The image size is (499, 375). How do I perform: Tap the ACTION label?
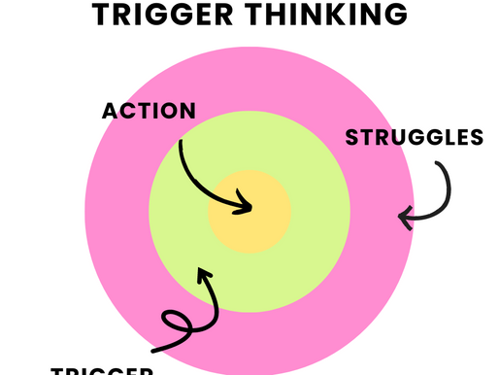149,110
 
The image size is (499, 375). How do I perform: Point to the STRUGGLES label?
415,137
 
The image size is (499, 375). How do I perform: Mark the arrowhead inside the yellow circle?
247,206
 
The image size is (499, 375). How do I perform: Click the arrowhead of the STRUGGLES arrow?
406,219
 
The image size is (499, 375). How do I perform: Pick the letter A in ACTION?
110,110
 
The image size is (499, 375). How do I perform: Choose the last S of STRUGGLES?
476,137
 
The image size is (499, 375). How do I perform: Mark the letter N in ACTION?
186,110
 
